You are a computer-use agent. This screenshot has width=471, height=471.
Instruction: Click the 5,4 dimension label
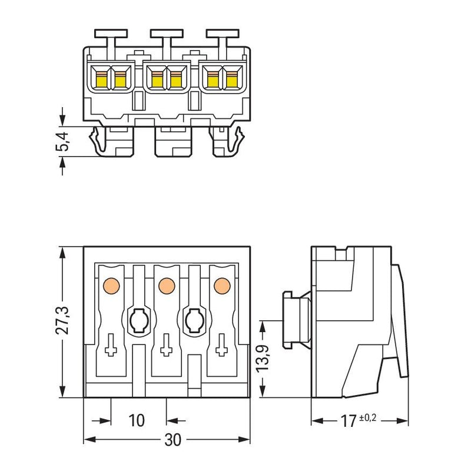[x=64, y=141]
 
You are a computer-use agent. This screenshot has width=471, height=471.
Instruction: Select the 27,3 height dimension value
[x=62, y=321]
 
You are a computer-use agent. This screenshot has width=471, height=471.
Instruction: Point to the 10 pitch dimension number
[x=137, y=420]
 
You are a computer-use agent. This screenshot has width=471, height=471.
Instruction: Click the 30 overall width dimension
[x=173, y=440]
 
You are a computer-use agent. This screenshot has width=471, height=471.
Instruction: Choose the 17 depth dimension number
[x=349, y=421]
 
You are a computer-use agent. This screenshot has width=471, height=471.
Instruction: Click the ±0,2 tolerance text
[x=367, y=418]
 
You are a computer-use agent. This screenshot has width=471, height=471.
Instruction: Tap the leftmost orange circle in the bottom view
[x=111, y=286]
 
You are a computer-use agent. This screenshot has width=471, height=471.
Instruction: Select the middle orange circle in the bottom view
[x=167, y=286]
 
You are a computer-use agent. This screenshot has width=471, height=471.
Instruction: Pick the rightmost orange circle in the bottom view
[x=223, y=286]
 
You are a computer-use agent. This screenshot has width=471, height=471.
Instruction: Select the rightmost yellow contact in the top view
[x=231, y=80]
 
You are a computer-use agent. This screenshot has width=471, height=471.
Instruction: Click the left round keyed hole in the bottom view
[x=139, y=320]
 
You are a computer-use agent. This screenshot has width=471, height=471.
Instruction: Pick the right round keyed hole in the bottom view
[x=195, y=320]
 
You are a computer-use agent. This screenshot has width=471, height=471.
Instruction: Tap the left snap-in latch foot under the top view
[x=98, y=141]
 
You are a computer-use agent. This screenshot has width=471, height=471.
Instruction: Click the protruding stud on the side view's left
[x=297, y=320]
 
